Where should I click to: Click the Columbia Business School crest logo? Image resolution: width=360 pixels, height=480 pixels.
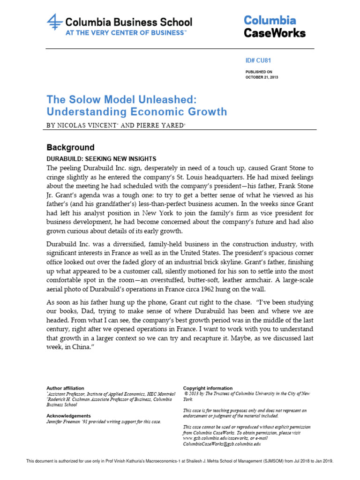click(55, 24)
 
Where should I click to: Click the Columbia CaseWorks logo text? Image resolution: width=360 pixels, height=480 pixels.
click(274, 27)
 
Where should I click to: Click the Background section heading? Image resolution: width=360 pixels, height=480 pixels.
click(70, 147)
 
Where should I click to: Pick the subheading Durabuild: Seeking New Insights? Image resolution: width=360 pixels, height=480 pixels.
click(101, 159)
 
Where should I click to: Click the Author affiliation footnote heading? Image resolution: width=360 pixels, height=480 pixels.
click(65, 388)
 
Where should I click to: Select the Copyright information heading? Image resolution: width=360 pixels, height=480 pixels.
click(208, 388)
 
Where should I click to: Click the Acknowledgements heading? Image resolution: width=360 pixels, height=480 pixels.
click(68, 416)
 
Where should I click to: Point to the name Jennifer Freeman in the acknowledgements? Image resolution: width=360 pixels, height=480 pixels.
click(65, 421)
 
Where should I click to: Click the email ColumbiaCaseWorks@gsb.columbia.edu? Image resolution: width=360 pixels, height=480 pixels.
click(221, 443)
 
